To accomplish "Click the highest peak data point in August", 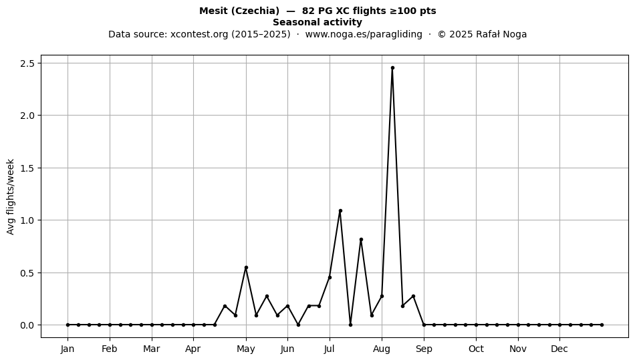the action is [x=392, y=68].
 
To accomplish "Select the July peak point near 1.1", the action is [x=340, y=211].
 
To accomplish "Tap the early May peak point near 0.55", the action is [x=246, y=267].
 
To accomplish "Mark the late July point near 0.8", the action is [x=361, y=240].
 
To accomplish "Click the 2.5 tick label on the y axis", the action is [x=27, y=63].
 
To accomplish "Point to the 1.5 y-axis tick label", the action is [x=27, y=168].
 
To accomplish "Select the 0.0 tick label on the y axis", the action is [x=27, y=325].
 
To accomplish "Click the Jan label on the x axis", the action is [x=68, y=349].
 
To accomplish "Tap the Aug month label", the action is [x=382, y=349].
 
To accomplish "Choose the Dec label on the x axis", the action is [x=559, y=349].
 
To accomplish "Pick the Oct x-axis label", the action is [x=476, y=349].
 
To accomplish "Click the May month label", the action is [x=246, y=349].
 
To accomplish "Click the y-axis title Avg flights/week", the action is [x=11, y=196].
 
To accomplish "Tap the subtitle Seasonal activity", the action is [x=317, y=22].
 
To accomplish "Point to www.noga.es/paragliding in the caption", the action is [x=364, y=34].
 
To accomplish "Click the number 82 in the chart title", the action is [x=307, y=11].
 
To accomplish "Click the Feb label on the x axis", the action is [x=110, y=349].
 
